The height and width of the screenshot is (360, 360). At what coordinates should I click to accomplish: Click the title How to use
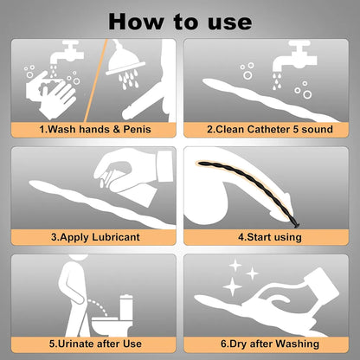[180, 22]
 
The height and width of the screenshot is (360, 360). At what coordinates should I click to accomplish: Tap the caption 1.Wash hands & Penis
[95, 129]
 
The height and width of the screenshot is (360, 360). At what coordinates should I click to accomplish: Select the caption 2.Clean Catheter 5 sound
[270, 129]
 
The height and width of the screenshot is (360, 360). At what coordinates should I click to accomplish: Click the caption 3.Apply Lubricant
[95, 237]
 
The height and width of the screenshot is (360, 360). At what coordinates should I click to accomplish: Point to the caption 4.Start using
[270, 237]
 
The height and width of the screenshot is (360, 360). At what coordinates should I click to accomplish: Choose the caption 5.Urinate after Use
[95, 344]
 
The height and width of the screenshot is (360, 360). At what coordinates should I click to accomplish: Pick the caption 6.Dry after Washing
[270, 344]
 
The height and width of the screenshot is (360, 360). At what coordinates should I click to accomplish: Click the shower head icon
[125, 64]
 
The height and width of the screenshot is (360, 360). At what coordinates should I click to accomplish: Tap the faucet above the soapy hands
[67, 53]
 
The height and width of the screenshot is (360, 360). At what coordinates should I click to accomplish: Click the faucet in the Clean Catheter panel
[295, 56]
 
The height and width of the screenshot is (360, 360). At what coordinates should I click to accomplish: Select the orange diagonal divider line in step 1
[96, 80]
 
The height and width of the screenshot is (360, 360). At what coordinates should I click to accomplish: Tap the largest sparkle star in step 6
[232, 287]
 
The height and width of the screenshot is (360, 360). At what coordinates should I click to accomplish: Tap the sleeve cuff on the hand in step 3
[165, 166]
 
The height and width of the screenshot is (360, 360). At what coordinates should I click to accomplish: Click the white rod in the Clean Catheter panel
[270, 100]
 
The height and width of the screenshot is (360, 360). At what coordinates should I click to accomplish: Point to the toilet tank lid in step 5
[126, 297]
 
